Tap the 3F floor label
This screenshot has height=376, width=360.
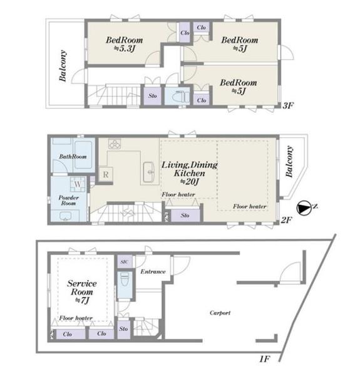tap(288, 105)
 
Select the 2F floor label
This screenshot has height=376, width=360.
tap(287, 220)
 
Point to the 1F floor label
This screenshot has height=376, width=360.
tap(265, 359)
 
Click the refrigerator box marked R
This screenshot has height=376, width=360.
tap(106, 174)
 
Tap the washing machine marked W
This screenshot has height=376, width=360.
tap(78, 184)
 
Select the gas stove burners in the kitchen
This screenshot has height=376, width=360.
tap(115, 144)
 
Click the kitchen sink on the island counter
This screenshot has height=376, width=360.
tap(149, 172)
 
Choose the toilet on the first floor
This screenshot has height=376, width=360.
tap(125, 279)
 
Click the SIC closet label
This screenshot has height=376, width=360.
tap(125, 262)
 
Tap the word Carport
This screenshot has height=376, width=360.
tap(220, 313)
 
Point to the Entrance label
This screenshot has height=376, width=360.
tap(153, 272)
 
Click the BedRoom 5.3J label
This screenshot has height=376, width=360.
tap(125, 44)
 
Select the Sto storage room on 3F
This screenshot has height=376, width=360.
tap(153, 96)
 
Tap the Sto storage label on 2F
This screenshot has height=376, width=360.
tap(185, 216)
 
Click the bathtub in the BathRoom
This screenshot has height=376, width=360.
tap(83, 155)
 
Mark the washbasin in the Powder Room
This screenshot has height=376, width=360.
tap(65, 216)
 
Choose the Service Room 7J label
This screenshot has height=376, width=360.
tap(82, 292)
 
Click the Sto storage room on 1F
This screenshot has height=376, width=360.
tap(123, 328)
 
